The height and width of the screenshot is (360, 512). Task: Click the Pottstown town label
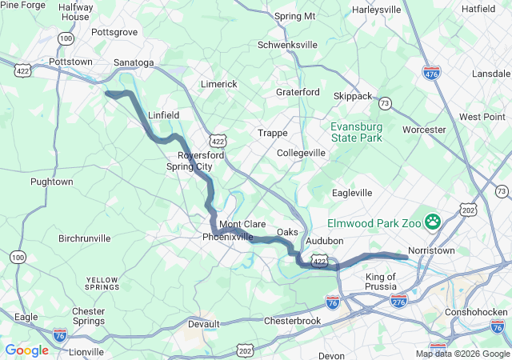70,61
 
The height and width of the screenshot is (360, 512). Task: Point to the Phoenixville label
227,238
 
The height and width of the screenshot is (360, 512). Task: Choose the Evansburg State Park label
357,132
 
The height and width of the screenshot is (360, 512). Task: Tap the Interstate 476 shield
431,72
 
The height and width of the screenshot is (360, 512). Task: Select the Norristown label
431,250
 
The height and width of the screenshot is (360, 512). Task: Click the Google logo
26,350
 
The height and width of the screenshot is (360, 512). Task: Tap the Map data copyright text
462,354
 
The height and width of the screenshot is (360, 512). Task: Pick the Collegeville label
301,153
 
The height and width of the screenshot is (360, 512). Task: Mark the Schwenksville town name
287,45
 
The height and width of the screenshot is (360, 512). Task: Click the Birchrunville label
90,238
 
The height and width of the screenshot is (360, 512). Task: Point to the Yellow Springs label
102,282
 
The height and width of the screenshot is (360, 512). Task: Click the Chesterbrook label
292,321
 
